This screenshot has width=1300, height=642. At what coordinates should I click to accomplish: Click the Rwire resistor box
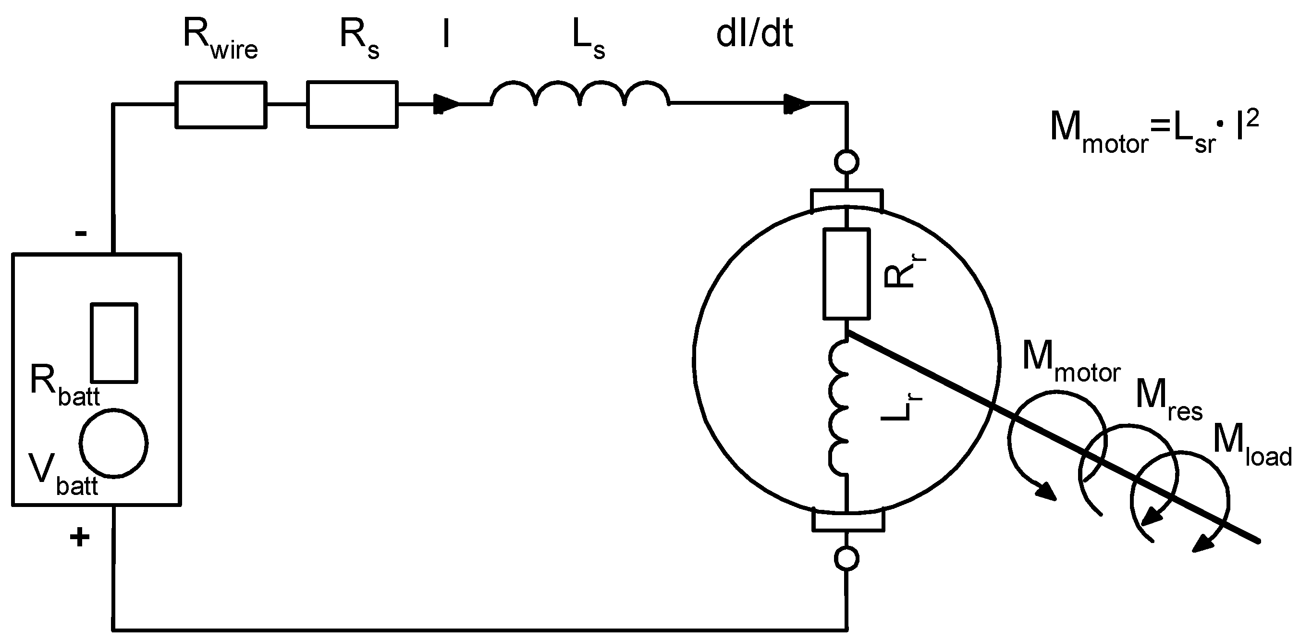[x=221, y=105]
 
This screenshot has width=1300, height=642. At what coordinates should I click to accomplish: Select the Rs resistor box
[x=352, y=104]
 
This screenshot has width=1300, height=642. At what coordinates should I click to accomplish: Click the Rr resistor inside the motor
[x=846, y=274]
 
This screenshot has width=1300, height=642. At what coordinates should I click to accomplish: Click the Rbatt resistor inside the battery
[x=114, y=343]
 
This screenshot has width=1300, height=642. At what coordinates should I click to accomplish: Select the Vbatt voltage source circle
[x=113, y=443]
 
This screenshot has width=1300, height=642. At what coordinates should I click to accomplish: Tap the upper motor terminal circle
[x=846, y=162]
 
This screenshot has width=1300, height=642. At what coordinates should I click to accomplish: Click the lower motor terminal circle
[x=846, y=559]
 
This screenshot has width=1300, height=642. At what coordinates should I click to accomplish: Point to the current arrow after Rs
[x=446, y=104]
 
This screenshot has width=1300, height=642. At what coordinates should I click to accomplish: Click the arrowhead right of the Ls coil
[x=797, y=104]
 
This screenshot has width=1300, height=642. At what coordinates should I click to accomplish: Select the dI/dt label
[x=754, y=36]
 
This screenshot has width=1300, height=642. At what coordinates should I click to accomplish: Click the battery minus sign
[x=81, y=233]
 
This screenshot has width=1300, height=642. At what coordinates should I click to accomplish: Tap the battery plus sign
[x=80, y=538]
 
